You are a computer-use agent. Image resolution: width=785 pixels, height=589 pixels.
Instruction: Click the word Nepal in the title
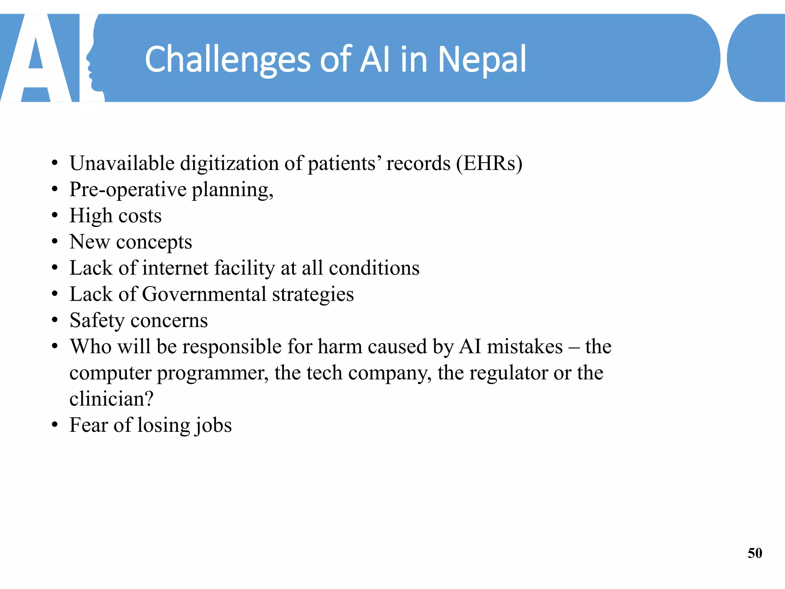[482, 59]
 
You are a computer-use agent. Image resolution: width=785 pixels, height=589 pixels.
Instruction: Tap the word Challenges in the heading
[228, 59]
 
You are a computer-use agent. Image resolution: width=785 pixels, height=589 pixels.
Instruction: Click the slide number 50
[755, 553]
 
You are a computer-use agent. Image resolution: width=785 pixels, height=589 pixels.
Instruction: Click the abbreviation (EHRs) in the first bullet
[489, 163]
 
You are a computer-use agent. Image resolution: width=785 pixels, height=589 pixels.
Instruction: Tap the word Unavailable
[122, 163]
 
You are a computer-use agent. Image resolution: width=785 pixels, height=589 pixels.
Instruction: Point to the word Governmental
[204, 294]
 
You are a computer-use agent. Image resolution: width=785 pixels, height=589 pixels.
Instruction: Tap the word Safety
[97, 321]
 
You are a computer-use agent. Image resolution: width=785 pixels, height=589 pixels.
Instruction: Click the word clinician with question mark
[111, 399]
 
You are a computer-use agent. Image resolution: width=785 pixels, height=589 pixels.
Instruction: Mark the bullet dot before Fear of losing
[55, 425]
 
